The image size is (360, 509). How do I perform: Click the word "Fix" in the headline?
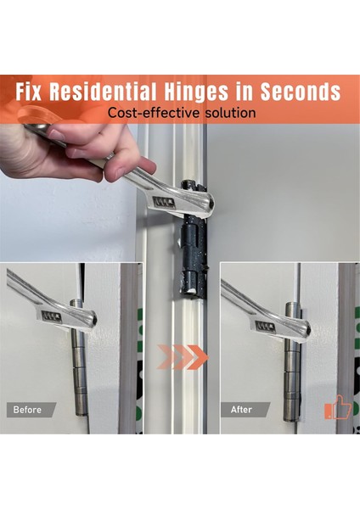pos(29,92)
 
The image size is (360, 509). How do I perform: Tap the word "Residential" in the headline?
pos(103,92)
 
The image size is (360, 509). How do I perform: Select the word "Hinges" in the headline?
pos(196,92)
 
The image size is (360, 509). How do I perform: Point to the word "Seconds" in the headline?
pos(301,92)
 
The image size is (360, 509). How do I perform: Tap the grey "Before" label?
pos(31,410)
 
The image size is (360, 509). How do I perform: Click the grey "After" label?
pos(245,410)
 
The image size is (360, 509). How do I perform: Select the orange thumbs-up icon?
pos(338,406)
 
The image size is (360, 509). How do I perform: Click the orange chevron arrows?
pos(183,357)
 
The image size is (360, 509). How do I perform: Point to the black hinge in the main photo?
pos(194,238)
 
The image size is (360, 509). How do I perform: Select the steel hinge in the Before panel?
pos(79,357)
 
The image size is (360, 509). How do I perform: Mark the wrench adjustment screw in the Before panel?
pos(51,316)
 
